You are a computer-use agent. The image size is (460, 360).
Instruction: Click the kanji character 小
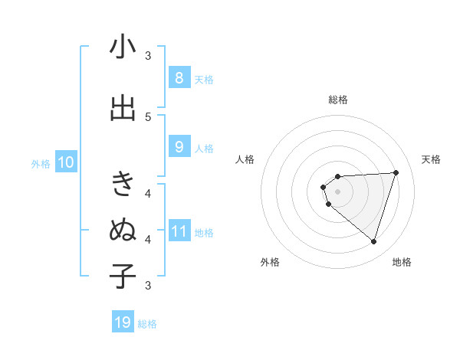pyautogui.click(x=123, y=47)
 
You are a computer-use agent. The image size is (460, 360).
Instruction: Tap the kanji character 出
pyautogui.click(x=123, y=108)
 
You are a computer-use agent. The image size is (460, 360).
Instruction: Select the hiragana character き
pyautogui.click(x=123, y=185)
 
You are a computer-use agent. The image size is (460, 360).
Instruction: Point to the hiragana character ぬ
pyautogui.click(x=123, y=230)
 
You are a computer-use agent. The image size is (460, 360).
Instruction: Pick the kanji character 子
pyautogui.click(x=123, y=276)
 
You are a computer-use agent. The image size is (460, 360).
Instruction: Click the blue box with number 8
pyautogui.click(x=179, y=78)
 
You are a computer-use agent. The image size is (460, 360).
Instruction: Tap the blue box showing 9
pyautogui.click(x=179, y=147)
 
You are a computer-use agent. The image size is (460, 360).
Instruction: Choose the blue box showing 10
pyautogui.click(x=65, y=162)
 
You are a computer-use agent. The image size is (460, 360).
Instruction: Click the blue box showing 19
pyautogui.click(x=123, y=322)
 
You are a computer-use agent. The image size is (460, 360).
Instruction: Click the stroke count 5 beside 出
pyautogui.click(x=148, y=117)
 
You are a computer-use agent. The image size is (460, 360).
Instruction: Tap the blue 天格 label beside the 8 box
pyautogui.click(x=204, y=79)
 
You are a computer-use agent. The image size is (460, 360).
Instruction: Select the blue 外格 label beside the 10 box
pyautogui.click(x=40, y=163)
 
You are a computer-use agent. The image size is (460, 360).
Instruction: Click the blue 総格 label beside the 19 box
pyautogui.click(x=147, y=323)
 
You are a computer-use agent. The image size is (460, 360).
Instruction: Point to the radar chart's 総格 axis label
pyautogui.click(x=337, y=100)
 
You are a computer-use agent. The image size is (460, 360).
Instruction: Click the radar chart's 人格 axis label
pyautogui.click(x=245, y=159)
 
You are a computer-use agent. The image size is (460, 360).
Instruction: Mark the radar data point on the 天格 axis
pyautogui.click(x=396, y=172)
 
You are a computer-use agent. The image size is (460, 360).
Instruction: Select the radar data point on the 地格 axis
pyautogui.click(x=373, y=241)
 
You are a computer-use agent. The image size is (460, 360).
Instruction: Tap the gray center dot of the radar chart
pyautogui.click(x=337, y=191)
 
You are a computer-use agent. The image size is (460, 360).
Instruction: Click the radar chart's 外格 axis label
pyautogui.click(x=270, y=262)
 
